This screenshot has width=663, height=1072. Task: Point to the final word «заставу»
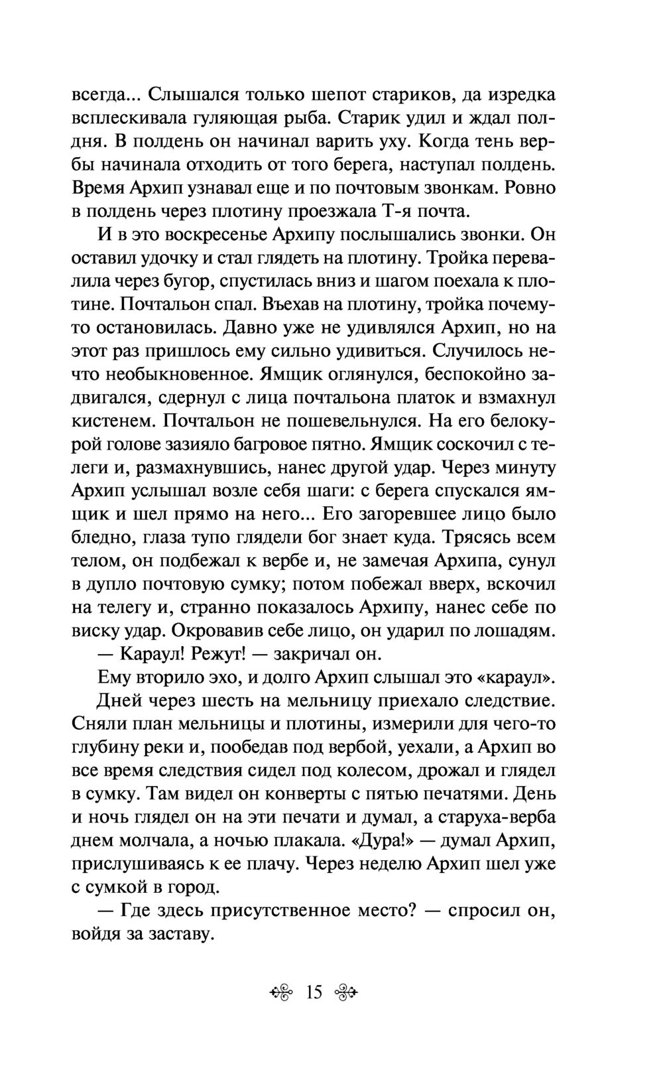click(x=176, y=934)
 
